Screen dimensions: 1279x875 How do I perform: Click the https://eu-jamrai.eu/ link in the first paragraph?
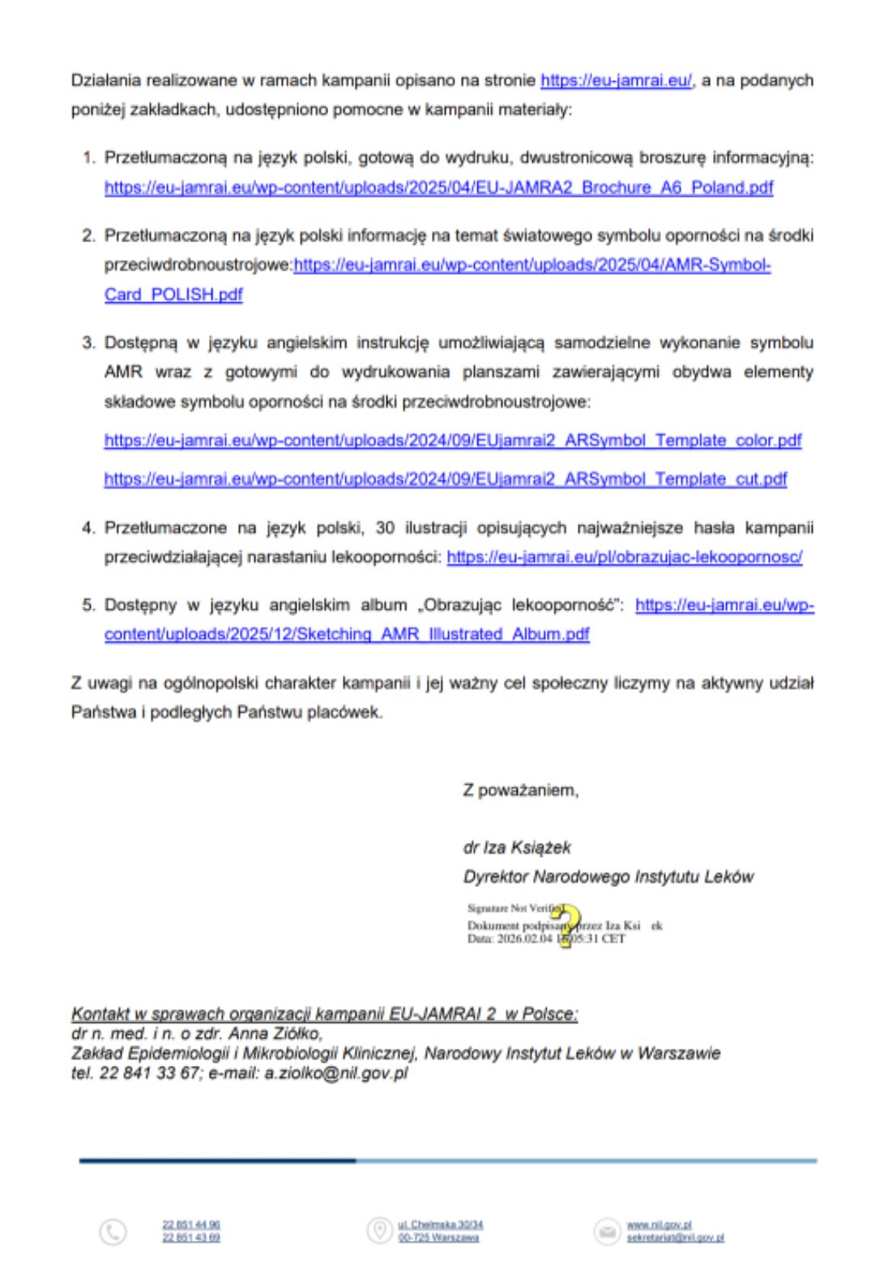(x=616, y=80)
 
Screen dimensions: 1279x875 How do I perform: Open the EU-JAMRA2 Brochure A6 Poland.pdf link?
(x=438, y=187)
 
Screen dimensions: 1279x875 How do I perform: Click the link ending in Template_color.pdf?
(x=452, y=441)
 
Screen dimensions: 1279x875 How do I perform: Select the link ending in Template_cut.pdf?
(x=445, y=479)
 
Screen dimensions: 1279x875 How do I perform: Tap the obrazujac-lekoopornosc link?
(x=624, y=556)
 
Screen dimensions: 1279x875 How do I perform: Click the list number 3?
(x=87, y=343)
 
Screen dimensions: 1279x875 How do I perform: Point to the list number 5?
(x=87, y=605)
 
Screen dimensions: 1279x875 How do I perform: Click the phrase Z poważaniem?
(x=520, y=790)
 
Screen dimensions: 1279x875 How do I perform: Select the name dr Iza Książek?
(x=517, y=847)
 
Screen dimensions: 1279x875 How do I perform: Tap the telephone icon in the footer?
(x=113, y=1232)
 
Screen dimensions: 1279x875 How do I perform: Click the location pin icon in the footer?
(x=378, y=1230)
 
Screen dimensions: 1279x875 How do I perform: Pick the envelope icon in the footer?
(x=606, y=1231)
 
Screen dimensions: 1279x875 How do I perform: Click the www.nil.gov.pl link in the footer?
(x=659, y=1225)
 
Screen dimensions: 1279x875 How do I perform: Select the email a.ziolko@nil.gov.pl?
(x=335, y=1073)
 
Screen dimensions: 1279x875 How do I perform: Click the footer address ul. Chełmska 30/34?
(x=440, y=1225)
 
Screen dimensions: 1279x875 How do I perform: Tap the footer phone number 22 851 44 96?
(x=190, y=1225)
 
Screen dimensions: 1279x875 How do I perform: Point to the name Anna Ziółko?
(x=275, y=1034)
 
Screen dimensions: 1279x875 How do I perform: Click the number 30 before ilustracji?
(x=385, y=527)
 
